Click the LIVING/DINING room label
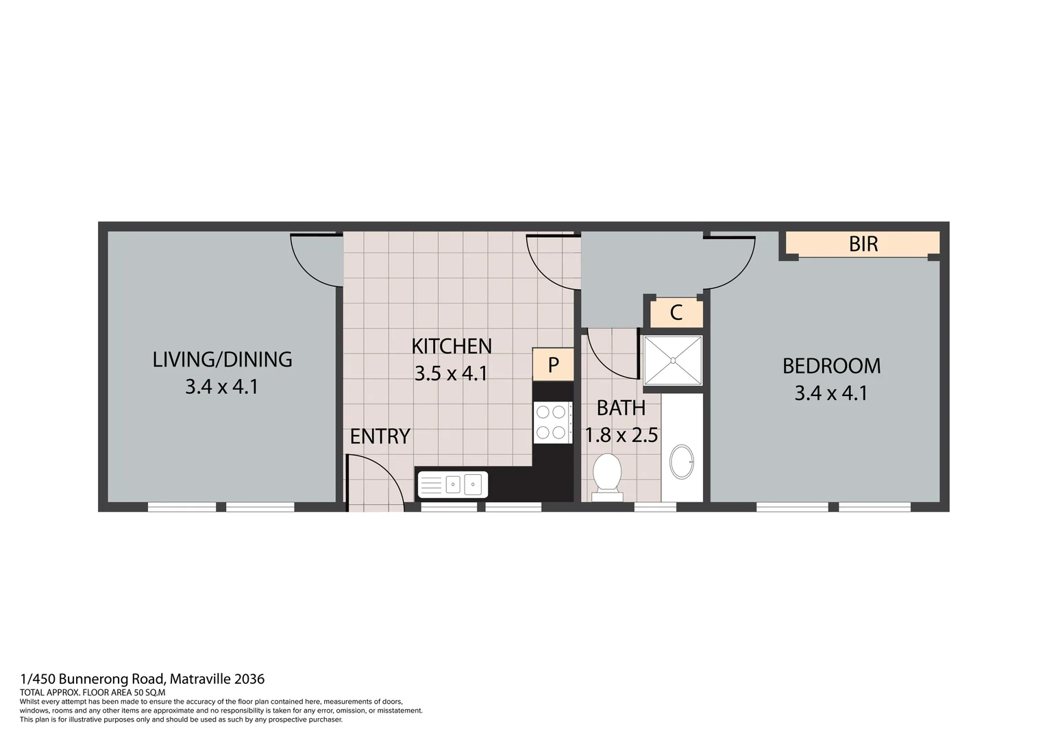222,359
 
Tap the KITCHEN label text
452,346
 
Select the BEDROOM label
831,366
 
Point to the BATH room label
621,408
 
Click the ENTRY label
380,436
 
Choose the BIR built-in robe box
862,244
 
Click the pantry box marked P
553,365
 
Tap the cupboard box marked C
676,313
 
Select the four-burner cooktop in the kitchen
552,422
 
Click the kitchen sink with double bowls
453,484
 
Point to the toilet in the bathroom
607,473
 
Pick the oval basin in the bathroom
682,462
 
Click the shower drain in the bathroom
673,360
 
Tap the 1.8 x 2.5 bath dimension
621,435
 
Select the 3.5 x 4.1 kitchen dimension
451,373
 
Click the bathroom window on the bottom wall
655,507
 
